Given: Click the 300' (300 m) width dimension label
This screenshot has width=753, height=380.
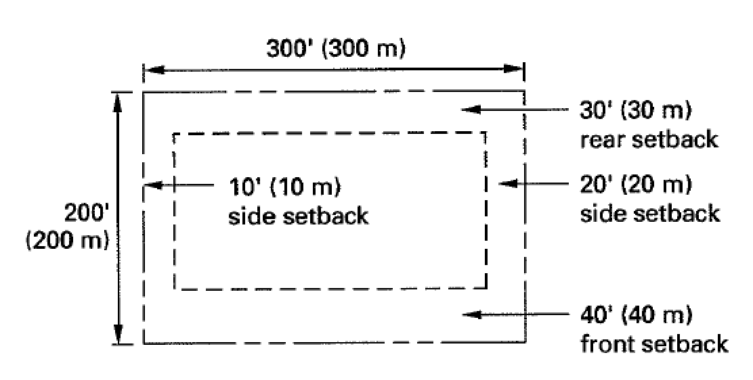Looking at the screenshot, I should click(335, 49).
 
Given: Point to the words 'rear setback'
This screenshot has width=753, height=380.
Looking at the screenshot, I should click(649, 139).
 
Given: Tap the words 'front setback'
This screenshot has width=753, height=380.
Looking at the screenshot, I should click(654, 343).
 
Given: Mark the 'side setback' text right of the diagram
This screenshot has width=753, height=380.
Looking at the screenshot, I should click(650, 213).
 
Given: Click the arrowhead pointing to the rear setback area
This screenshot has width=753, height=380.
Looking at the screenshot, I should click(467, 110).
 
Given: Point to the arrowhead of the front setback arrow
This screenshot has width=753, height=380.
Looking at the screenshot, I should click(467, 314).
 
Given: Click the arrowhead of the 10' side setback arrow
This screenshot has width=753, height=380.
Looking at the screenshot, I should click(150, 185).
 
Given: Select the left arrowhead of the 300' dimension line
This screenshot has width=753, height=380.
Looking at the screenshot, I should click(150, 70).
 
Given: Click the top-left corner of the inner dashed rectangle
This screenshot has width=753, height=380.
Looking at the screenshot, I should click(175, 134).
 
